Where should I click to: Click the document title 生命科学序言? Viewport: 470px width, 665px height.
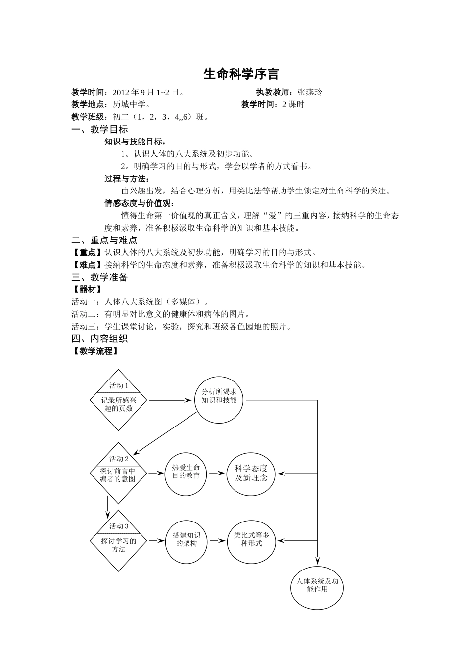coord(241,74)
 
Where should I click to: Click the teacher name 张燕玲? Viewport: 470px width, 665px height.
coord(310,92)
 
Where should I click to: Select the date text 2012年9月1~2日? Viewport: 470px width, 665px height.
coord(146,92)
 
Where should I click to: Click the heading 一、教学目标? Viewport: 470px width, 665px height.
coord(99,129)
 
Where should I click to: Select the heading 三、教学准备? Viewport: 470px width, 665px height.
coord(99,277)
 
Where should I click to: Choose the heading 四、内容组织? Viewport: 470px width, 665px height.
coord(99,339)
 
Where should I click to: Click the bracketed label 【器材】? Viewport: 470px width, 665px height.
coord(88,289)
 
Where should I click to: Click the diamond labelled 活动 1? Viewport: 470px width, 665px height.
coord(118,400)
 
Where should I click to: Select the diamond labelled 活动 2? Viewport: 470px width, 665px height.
coord(118,473)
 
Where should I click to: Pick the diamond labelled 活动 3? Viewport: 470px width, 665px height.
coord(118,541)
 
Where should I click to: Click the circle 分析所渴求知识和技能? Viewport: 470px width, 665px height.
coord(219,400)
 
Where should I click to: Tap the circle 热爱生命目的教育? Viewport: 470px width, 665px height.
coord(186,473)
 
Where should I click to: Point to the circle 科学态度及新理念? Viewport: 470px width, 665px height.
coord(251,474)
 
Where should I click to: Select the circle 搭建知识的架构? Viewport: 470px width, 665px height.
coord(187,541)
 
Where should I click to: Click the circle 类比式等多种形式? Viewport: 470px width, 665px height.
coord(252,541)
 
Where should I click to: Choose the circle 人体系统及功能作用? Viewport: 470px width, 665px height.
coord(317,587)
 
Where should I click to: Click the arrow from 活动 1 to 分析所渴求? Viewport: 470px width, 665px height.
coord(170,400)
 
